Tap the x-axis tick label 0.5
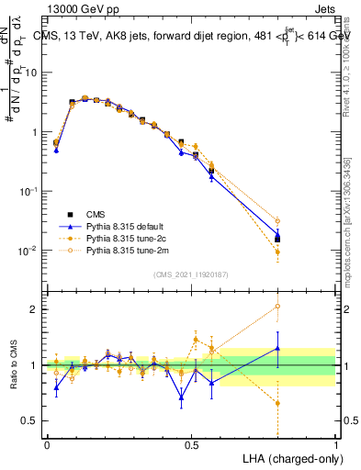(x=191, y=443)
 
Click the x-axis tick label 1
(x=335, y=443)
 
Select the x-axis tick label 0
(x=47, y=443)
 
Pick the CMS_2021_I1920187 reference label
(x=191, y=274)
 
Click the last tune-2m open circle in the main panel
(x=277, y=221)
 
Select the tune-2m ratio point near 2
(x=277, y=307)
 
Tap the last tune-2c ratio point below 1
(x=277, y=403)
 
